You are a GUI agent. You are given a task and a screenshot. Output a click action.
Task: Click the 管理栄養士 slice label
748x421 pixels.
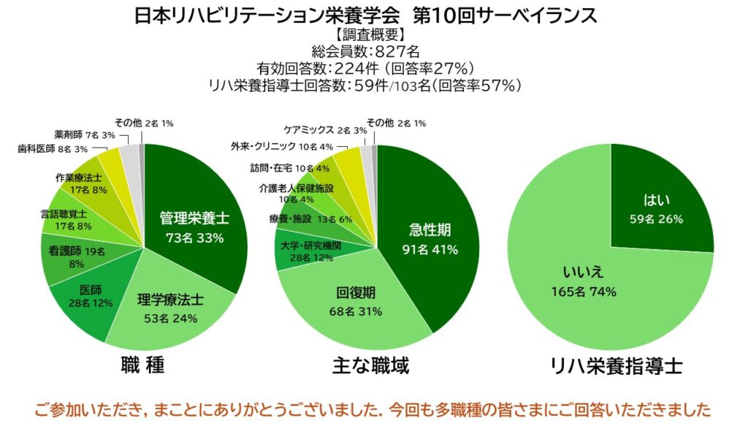click(194, 218)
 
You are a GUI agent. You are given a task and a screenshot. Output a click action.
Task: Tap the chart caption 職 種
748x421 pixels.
click(142, 365)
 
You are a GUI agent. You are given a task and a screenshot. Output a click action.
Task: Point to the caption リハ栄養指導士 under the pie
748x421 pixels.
click(618, 365)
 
